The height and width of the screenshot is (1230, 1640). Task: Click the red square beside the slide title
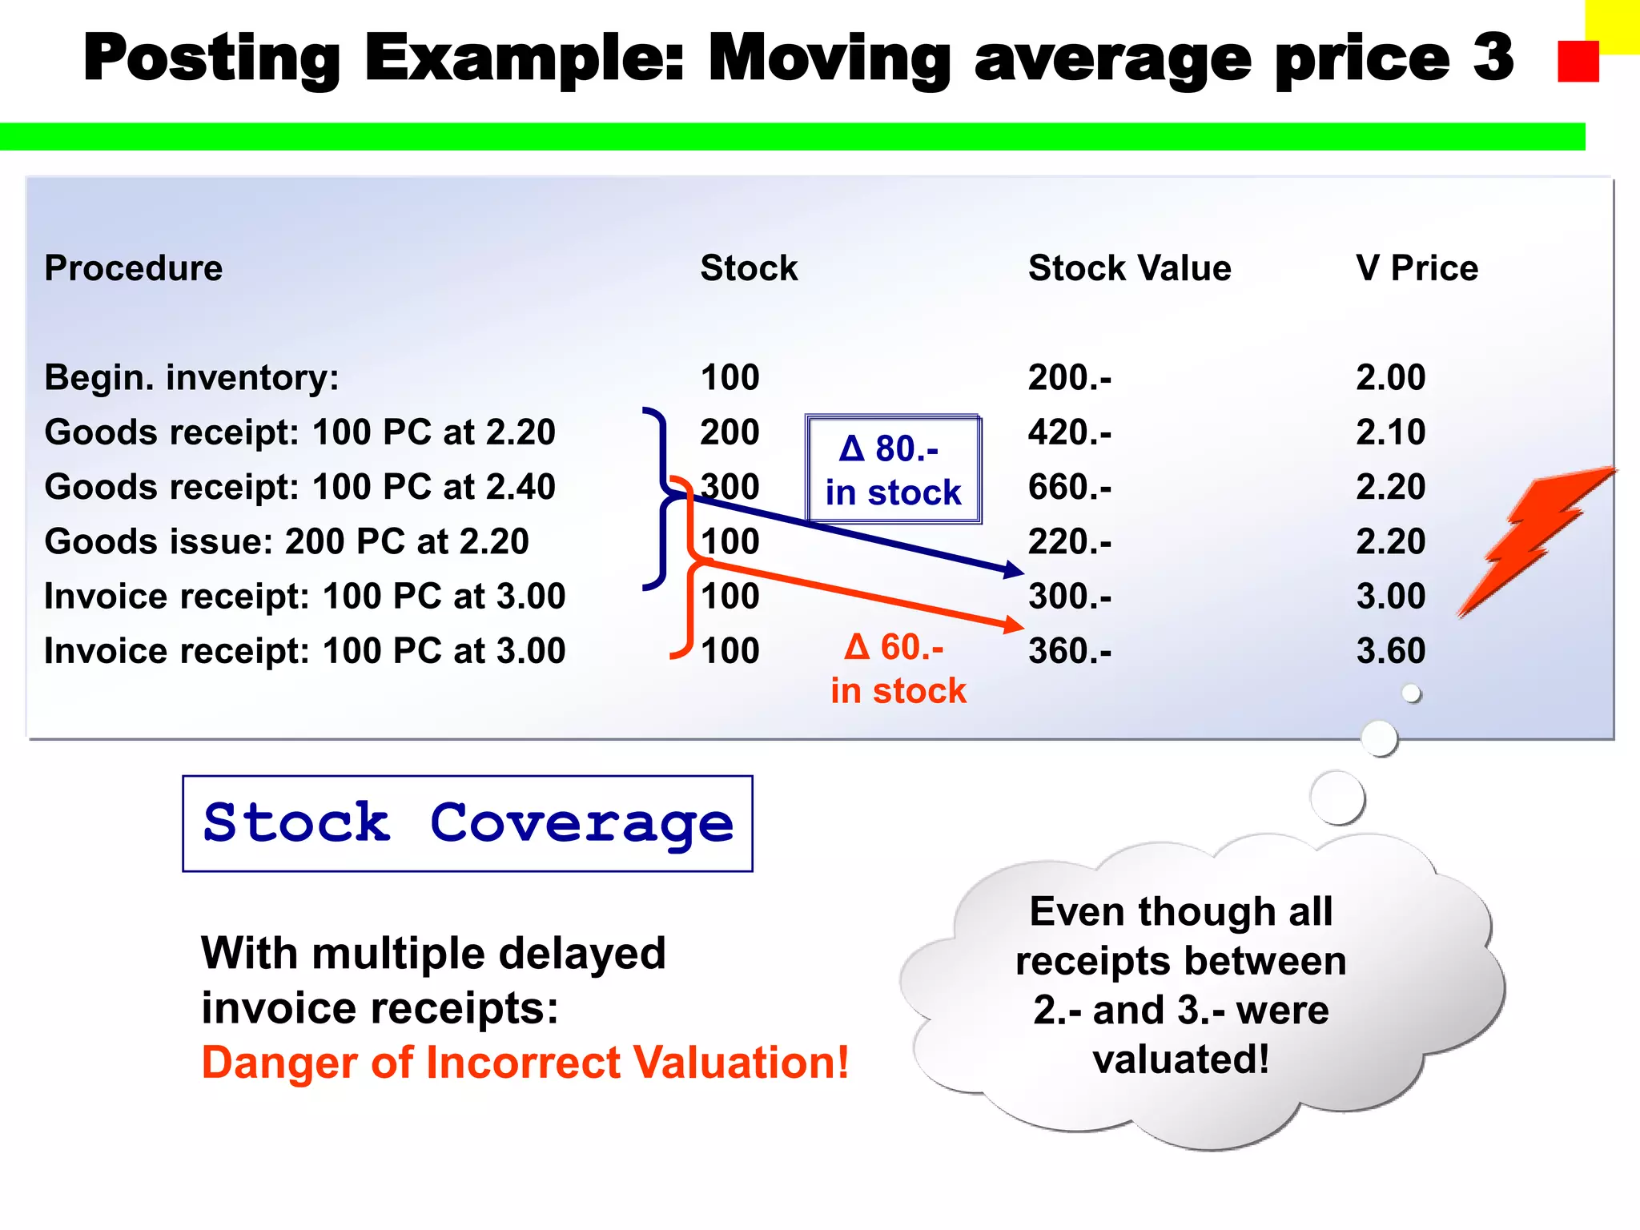[1578, 62]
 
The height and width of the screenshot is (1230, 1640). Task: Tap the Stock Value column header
[1129, 268]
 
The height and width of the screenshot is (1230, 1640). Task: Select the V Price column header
[1417, 268]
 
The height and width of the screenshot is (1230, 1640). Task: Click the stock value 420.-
[1070, 432]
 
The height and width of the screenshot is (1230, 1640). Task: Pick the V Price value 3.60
[1391, 651]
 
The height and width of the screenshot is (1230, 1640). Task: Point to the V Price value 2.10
[1391, 432]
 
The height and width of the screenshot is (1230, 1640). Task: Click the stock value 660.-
[1070, 487]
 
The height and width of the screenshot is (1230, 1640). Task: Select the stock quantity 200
[730, 432]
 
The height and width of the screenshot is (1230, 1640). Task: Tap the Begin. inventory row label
[191, 378]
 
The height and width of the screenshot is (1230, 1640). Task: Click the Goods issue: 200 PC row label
[287, 542]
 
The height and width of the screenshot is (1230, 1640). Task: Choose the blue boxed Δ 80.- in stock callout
[893, 470]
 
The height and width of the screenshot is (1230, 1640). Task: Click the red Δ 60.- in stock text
[898, 669]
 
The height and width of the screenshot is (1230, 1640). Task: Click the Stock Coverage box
[468, 823]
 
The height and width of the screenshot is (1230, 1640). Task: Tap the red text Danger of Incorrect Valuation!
[525, 1063]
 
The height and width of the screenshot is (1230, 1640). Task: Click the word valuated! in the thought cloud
[1181, 1059]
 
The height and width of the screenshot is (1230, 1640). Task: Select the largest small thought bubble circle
[1337, 798]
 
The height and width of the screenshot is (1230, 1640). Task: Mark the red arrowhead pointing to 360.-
[1015, 624]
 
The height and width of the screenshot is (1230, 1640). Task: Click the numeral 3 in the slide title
[1493, 58]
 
